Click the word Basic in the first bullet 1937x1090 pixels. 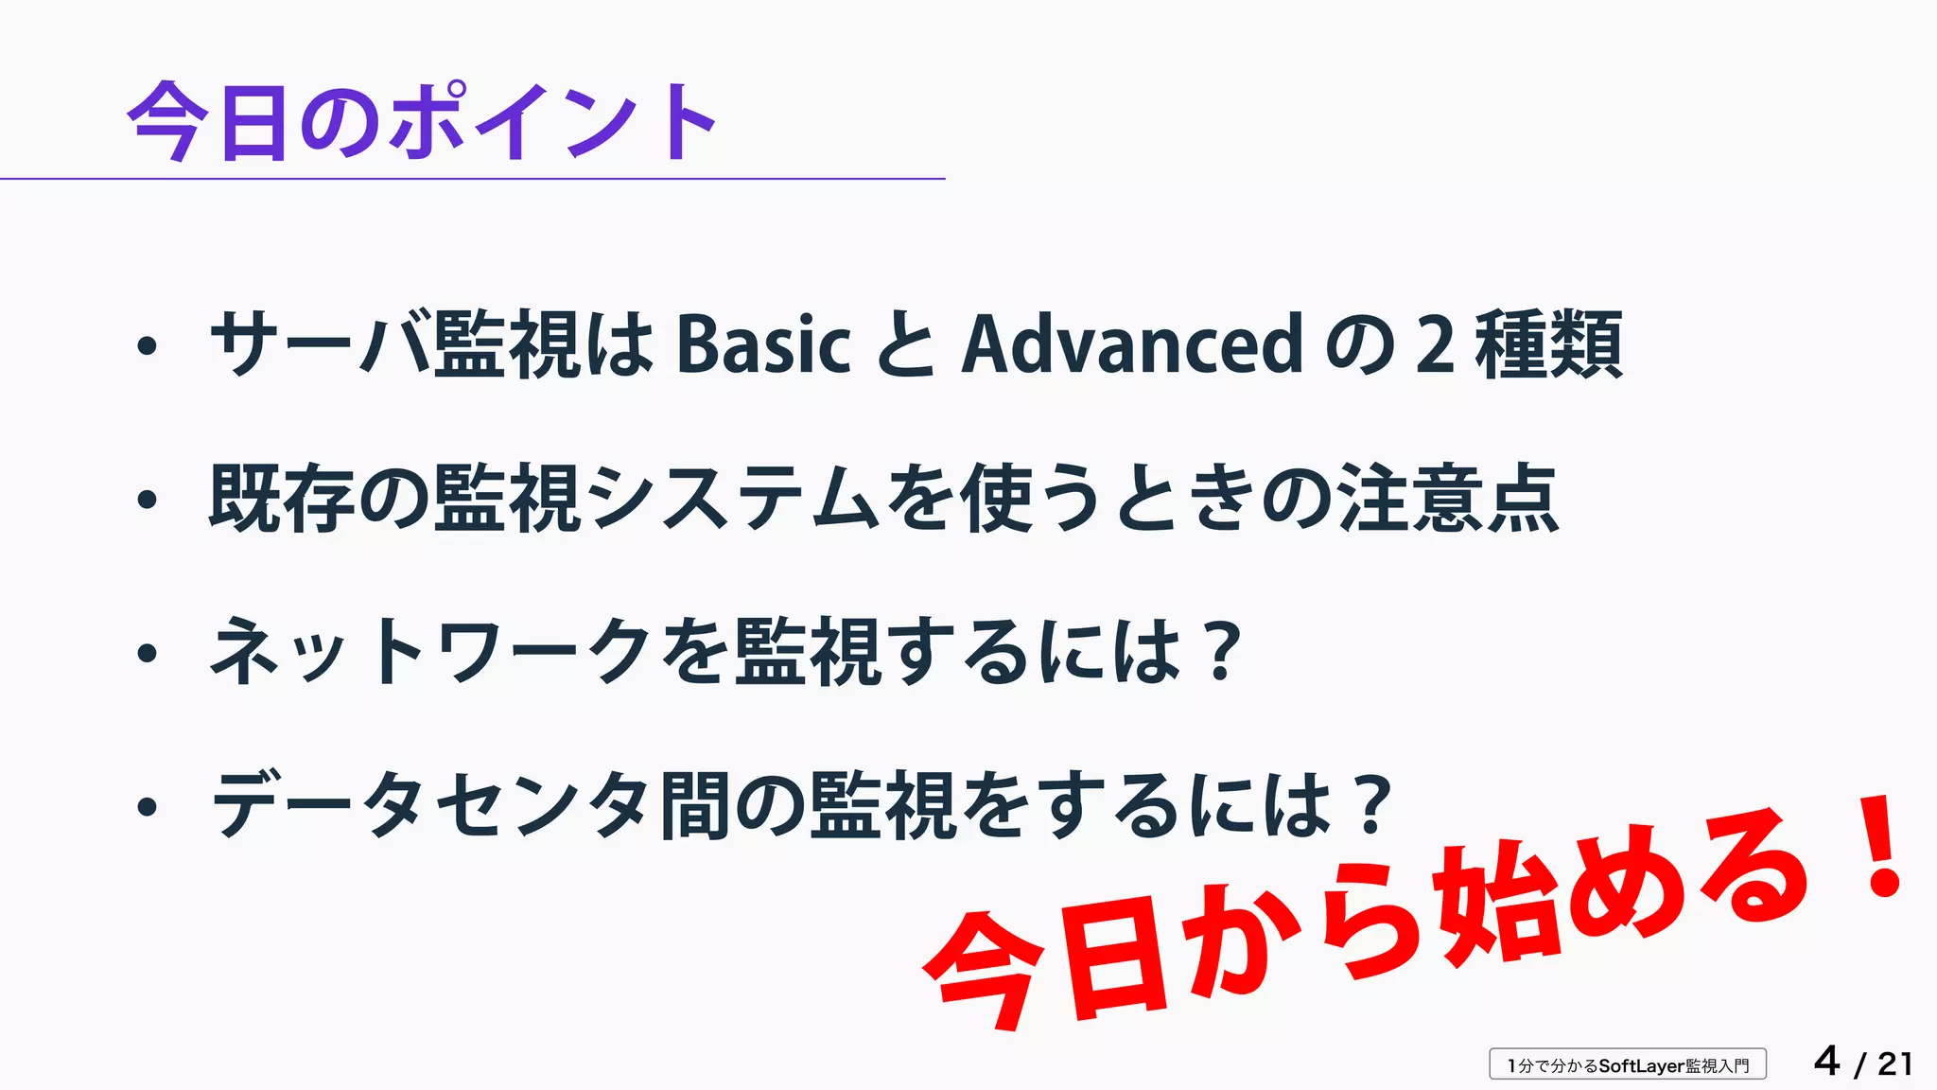tap(764, 344)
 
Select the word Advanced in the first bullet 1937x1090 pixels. tap(1133, 344)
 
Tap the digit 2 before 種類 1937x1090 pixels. tap(1435, 344)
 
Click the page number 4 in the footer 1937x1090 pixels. tap(1827, 1062)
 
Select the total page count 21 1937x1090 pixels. tap(1894, 1064)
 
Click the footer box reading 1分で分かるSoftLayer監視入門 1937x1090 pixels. tap(1628, 1064)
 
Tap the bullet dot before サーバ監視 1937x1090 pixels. tap(147, 346)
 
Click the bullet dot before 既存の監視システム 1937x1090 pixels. tap(147, 500)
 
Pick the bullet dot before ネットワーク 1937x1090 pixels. tap(147, 653)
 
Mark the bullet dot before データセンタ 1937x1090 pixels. tap(147, 806)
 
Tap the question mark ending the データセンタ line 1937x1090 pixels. tap(1373, 804)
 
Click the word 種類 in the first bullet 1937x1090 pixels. tap(1548, 344)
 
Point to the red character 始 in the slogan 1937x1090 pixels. tap(1494, 908)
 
